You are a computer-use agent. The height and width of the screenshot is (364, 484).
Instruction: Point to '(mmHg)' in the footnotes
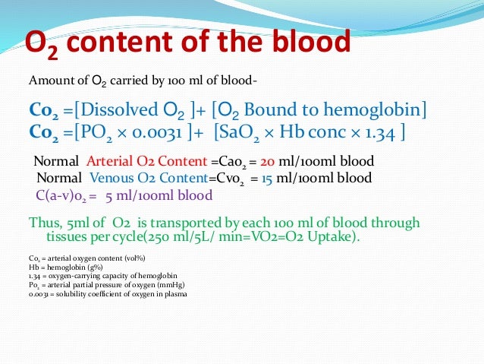click(x=160, y=286)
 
